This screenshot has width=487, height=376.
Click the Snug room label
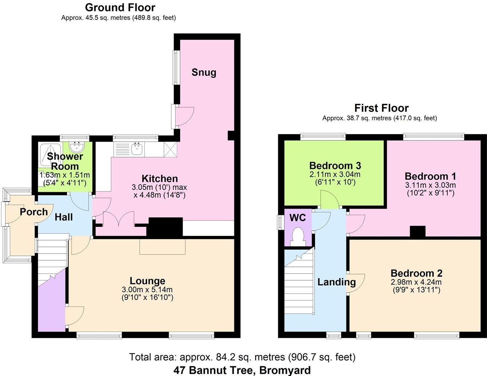(x=204, y=72)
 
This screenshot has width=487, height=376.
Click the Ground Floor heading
(x=120, y=7)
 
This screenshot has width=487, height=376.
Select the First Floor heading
(x=381, y=108)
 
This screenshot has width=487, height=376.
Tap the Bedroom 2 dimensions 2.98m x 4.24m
(x=416, y=282)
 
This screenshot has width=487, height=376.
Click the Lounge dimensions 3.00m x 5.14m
(x=147, y=290)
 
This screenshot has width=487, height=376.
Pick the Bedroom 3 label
(x=335, y=166)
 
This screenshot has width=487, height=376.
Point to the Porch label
(x=34, y=211)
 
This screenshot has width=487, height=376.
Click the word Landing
(x=336, y=282)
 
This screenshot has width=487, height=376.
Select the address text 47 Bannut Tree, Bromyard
(x=242, y=370)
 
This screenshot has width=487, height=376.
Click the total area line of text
(x=242, y=357)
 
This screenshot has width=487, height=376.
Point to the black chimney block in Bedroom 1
(x=418, y=231)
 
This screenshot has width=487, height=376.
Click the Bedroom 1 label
(x=430, y=177)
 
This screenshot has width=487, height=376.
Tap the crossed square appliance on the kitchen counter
(x=170, y=149)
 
